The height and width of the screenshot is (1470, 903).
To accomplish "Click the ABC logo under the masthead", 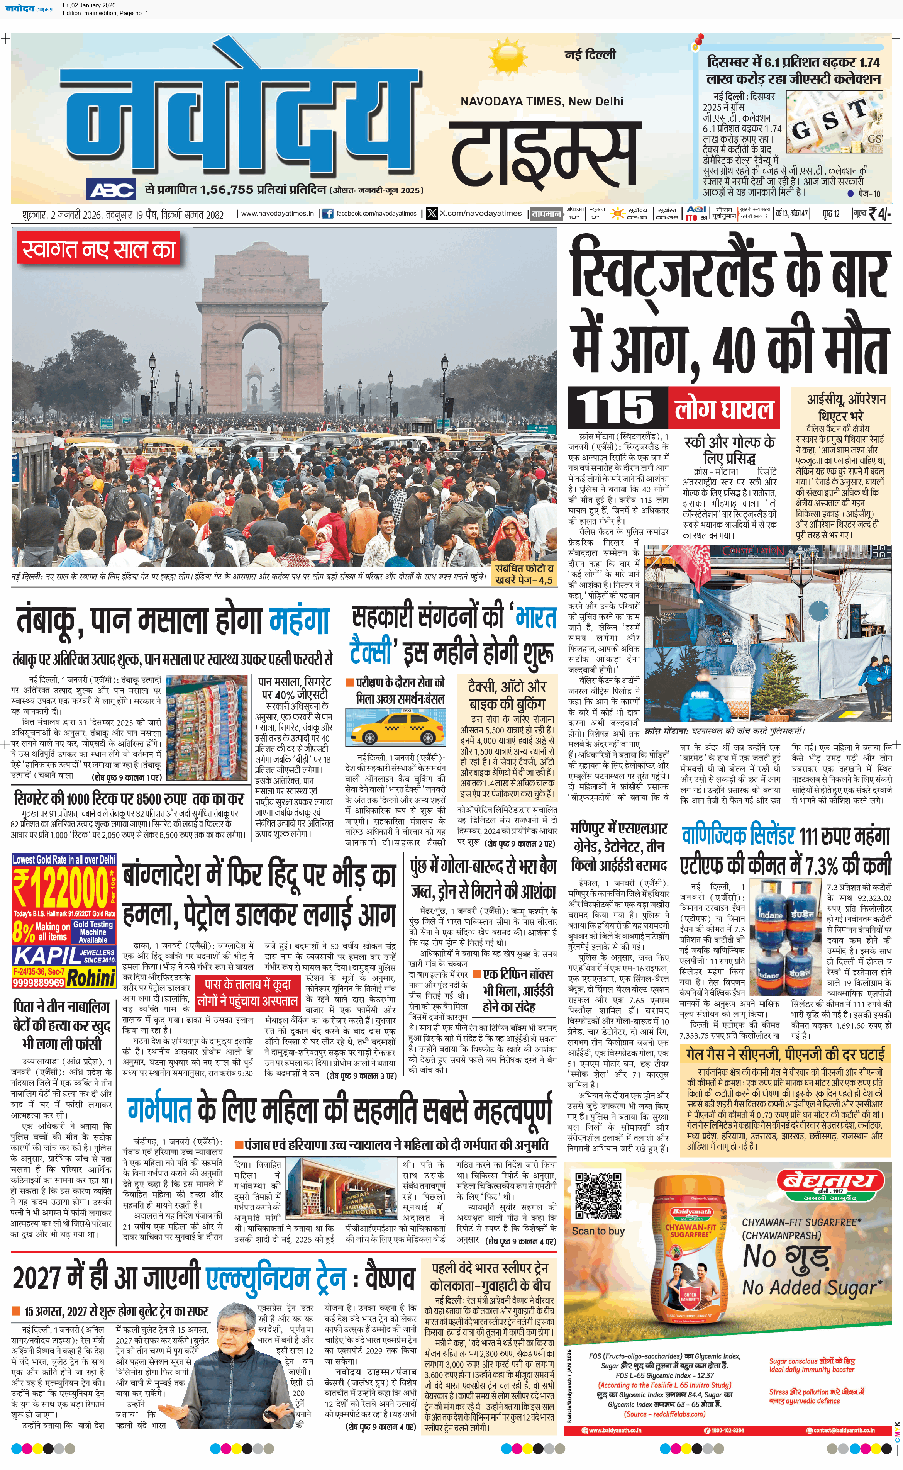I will [x=112, y=190].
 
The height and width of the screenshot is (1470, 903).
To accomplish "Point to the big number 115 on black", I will [x=617, y=408].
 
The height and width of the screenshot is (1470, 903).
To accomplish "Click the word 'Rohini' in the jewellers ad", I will [x=91, y=978].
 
